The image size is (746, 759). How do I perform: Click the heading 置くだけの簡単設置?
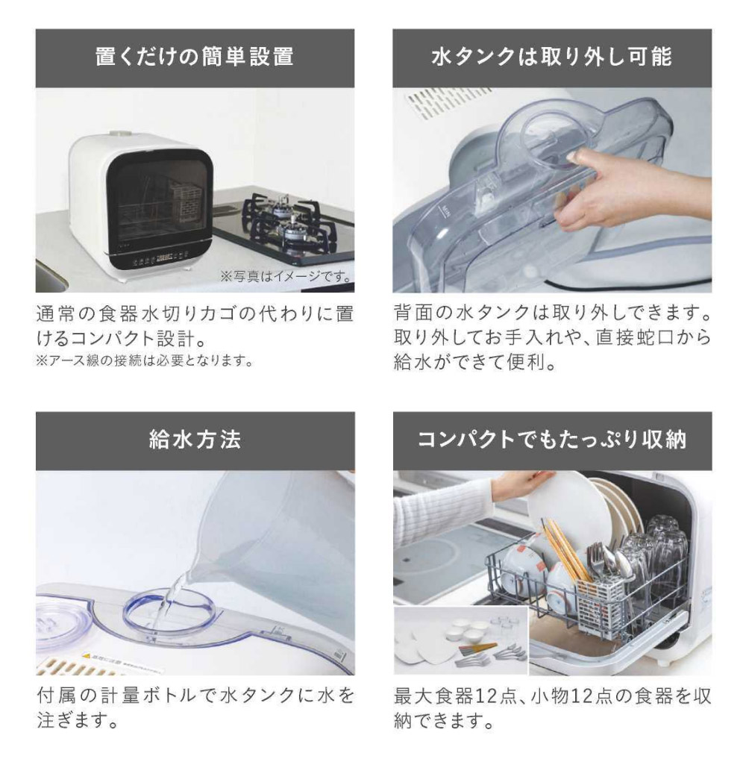[x=195, y=57]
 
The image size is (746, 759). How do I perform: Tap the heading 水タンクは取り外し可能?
[x=551, y=57]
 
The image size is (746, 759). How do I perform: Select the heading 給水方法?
[x=195, y=440]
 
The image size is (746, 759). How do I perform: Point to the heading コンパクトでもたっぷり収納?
[x=552, y=440]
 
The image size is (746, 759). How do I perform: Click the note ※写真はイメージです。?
[x=286, y=276]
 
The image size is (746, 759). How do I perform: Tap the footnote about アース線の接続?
[x=145, y=360]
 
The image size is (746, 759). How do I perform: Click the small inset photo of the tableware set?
[x=460, y=640]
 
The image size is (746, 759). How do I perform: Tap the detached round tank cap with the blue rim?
[x=60, y=627]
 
